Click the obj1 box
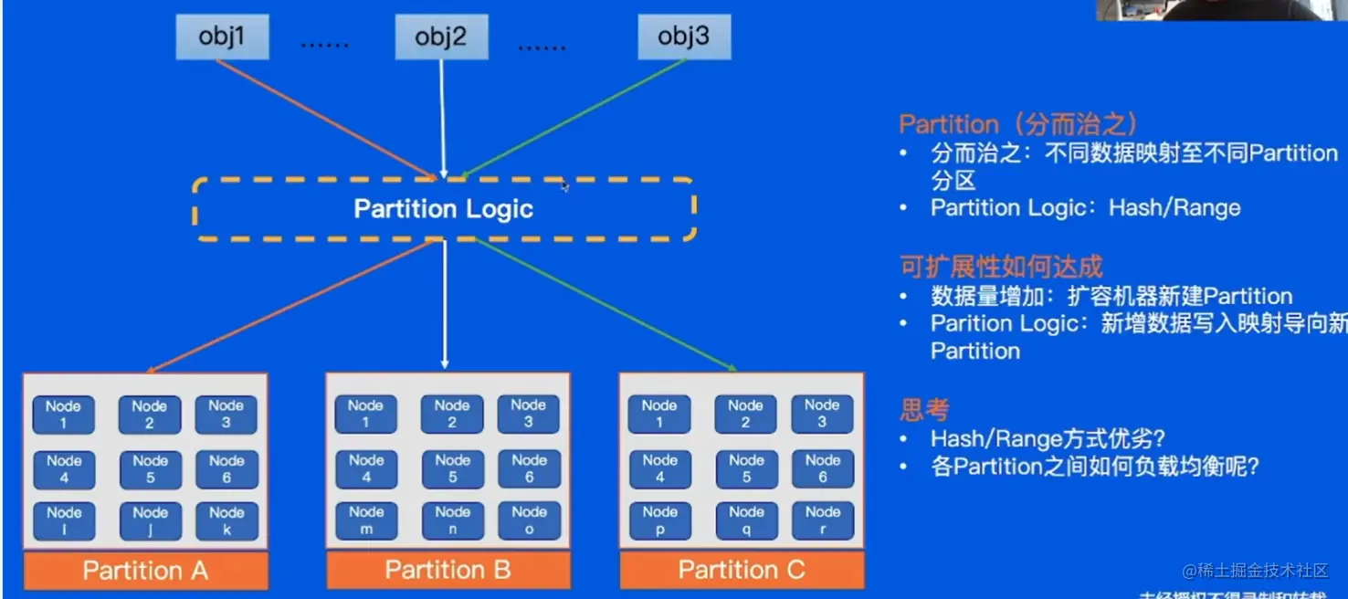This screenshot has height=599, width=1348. coord(222,37)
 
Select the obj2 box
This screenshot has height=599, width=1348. coord(441,37)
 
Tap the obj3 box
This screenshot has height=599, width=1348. coord(683,37)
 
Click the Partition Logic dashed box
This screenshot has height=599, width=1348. coord(444,209)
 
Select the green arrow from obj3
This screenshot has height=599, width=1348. coord(575,118)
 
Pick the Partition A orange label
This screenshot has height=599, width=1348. coord(146,571)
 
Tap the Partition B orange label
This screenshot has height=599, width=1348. coord(448,571)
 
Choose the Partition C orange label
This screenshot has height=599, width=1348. coord(742,571)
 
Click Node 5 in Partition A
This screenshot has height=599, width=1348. coord(150,469)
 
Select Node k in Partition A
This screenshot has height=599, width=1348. coord(226,520)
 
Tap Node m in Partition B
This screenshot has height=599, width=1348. coord(366,520)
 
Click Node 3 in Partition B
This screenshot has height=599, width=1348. coord(528,414)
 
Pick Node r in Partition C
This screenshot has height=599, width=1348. coord(822,520)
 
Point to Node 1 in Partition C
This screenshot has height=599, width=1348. coord(659,414)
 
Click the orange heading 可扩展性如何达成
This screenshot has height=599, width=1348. coord(1001,267)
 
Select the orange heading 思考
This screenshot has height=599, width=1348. coord(924,410)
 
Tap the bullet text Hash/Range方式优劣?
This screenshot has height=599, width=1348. coord(1048,439)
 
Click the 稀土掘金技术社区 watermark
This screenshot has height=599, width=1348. coord(1256,571)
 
